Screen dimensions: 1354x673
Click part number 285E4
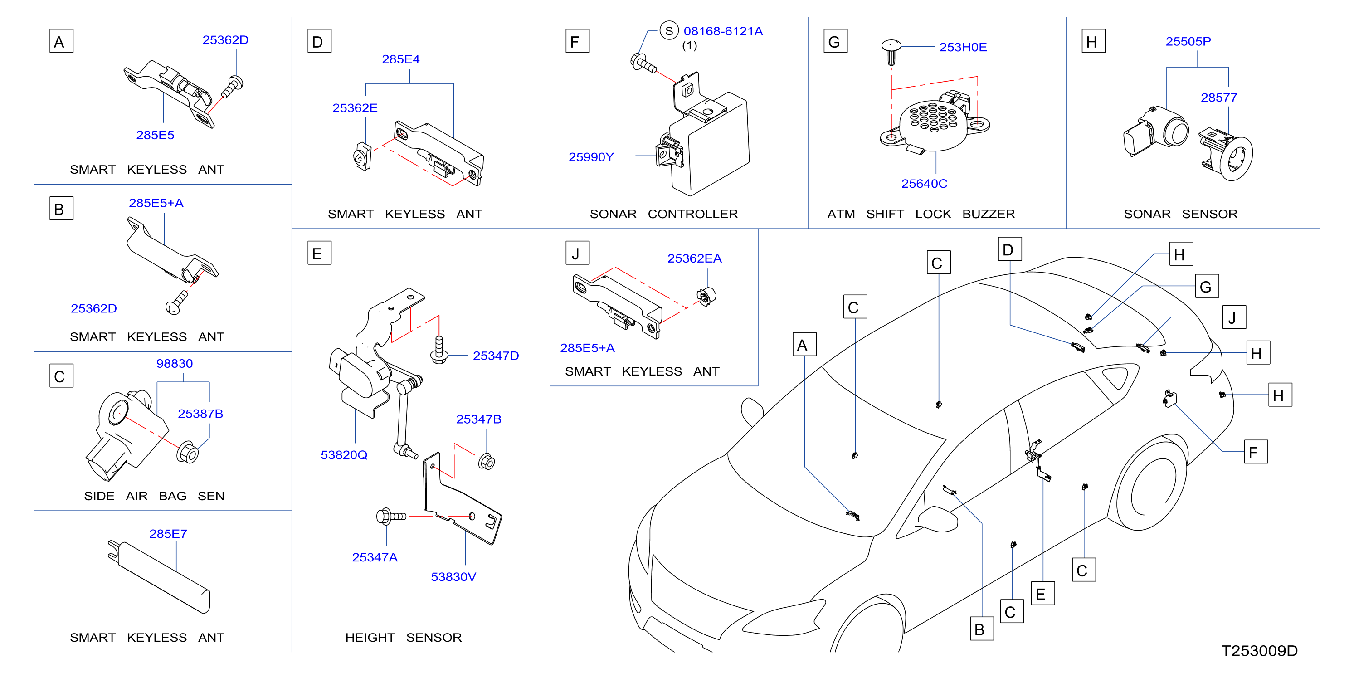coord(400,59)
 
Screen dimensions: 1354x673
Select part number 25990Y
coord(591,157)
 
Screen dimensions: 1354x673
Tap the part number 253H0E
coord(963,47)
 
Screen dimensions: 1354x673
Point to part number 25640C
coord(924,184)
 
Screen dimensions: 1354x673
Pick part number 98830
coord(175,363)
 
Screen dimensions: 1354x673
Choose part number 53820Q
coord(344,455)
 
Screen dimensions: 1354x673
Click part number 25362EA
coord(694,258)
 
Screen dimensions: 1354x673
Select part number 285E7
coord(168,534)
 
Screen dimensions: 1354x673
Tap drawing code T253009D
coord(1259,651)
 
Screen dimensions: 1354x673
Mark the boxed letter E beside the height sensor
coord(319,253)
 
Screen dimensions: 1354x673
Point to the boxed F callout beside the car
coord(1256,452)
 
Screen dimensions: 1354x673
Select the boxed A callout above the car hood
coord(804,344)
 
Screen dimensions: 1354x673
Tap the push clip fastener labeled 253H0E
coord(891,52)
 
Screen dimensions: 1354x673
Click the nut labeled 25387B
coord(188,453)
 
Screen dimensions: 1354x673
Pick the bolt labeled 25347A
coord(391,517)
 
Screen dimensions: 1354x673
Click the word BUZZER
coord(988,214)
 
